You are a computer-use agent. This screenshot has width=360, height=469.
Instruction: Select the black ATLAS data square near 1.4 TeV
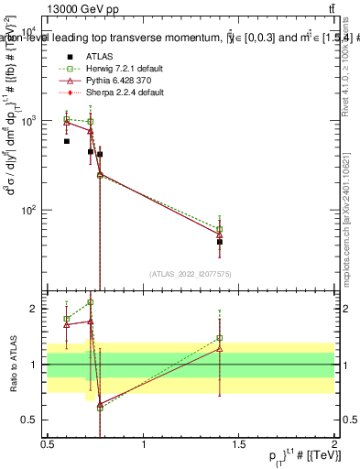coord(220,242)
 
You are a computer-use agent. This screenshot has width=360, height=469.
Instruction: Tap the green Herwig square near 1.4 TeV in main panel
coord(220,229)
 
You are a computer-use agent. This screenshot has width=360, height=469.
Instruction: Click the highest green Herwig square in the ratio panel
coord(90,302)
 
